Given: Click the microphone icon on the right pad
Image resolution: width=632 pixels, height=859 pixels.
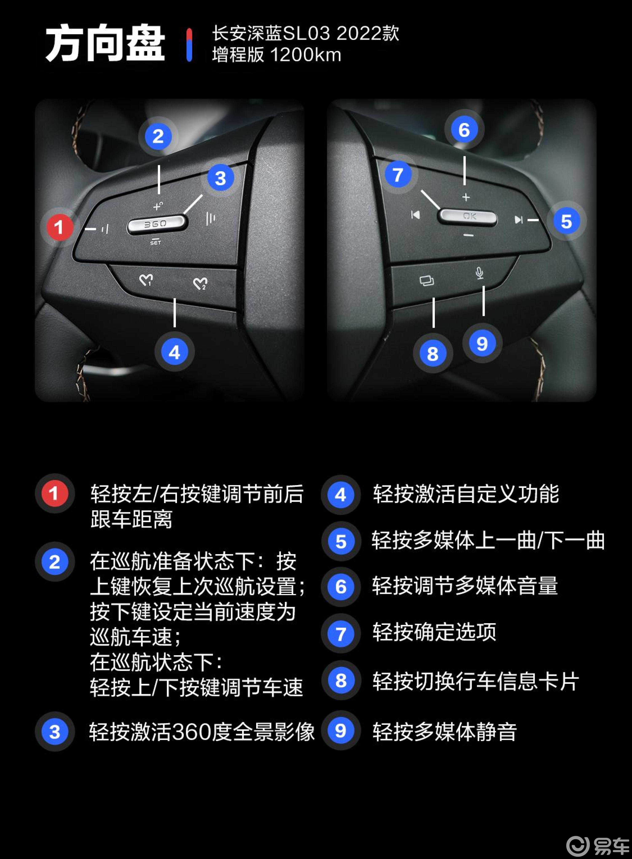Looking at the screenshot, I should pos(479,273).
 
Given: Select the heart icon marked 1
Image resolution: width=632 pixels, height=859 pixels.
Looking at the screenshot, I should pos(146,280).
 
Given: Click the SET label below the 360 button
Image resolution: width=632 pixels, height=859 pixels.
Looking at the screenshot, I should pos(155,242).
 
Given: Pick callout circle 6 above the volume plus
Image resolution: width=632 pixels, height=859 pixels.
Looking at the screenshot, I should pos(464,130).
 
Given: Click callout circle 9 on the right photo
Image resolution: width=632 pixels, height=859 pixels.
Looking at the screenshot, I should pos(482,344).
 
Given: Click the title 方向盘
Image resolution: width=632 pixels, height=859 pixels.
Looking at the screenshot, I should pos(105,44).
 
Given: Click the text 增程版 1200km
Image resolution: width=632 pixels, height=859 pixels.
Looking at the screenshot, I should pos(276,55).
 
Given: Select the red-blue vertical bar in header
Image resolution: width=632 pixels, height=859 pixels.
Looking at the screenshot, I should pos(189,45).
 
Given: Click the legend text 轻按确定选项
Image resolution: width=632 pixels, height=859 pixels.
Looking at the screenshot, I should pos(434,632).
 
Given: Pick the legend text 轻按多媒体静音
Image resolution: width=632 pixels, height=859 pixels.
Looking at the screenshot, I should pos(445,732).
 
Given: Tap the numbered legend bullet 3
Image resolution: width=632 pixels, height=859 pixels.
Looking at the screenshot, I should pos(55,732).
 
